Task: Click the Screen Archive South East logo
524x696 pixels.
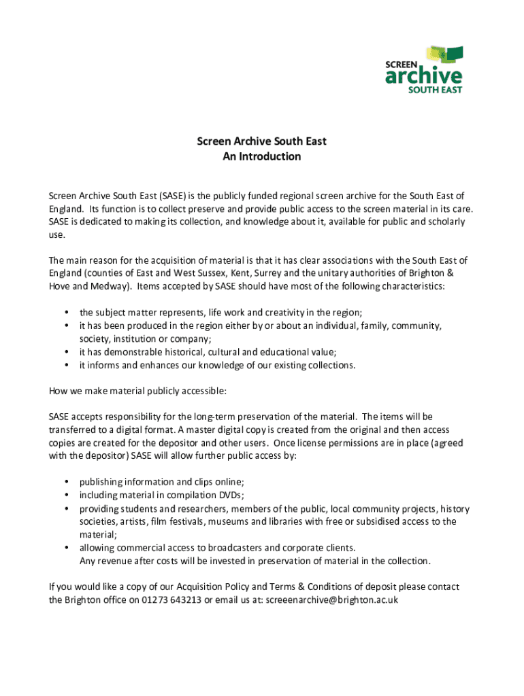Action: (x=424, y=69)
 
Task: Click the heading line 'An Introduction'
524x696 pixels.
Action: (x=261, y=157)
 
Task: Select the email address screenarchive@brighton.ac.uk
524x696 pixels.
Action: (x=331, y=600)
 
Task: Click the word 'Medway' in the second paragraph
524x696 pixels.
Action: (x=110, y=286)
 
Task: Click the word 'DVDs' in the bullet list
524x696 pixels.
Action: (x=232, y=495)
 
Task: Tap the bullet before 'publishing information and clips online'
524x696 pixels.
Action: (x=66, y=482)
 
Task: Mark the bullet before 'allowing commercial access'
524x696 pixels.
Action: (x=66, y=548)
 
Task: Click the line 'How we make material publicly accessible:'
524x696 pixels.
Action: (x=137, y=391)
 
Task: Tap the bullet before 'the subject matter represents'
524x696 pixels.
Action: (x=66, y=313)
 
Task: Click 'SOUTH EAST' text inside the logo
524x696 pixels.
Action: (x=436, y=90)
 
